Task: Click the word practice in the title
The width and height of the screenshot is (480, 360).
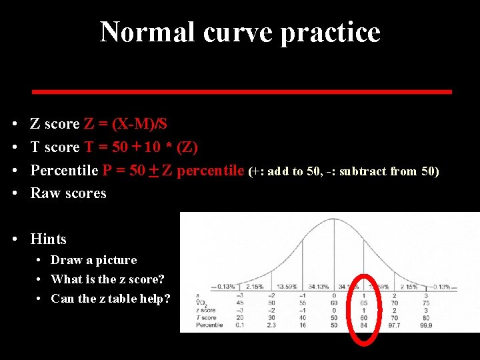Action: coord(331,32)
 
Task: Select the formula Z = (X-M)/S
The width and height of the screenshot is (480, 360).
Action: coord(126,124)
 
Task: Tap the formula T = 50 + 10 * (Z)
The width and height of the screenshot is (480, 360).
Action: coord(141,147)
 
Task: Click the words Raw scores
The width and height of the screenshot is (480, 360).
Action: coord(69,193)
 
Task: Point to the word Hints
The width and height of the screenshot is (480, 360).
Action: coord(49,239)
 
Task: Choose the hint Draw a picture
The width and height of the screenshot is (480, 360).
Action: coord(94,260)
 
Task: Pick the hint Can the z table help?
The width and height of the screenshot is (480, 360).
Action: coord(111,299)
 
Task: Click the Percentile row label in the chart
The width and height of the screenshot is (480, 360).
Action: coord(207,325)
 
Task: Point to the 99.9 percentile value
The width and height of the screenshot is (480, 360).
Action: coord(425,325)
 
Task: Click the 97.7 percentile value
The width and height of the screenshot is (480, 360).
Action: coord(394,325)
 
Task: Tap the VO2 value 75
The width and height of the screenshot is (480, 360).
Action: coord(425,303)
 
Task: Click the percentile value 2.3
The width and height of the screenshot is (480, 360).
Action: coord(272,325)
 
